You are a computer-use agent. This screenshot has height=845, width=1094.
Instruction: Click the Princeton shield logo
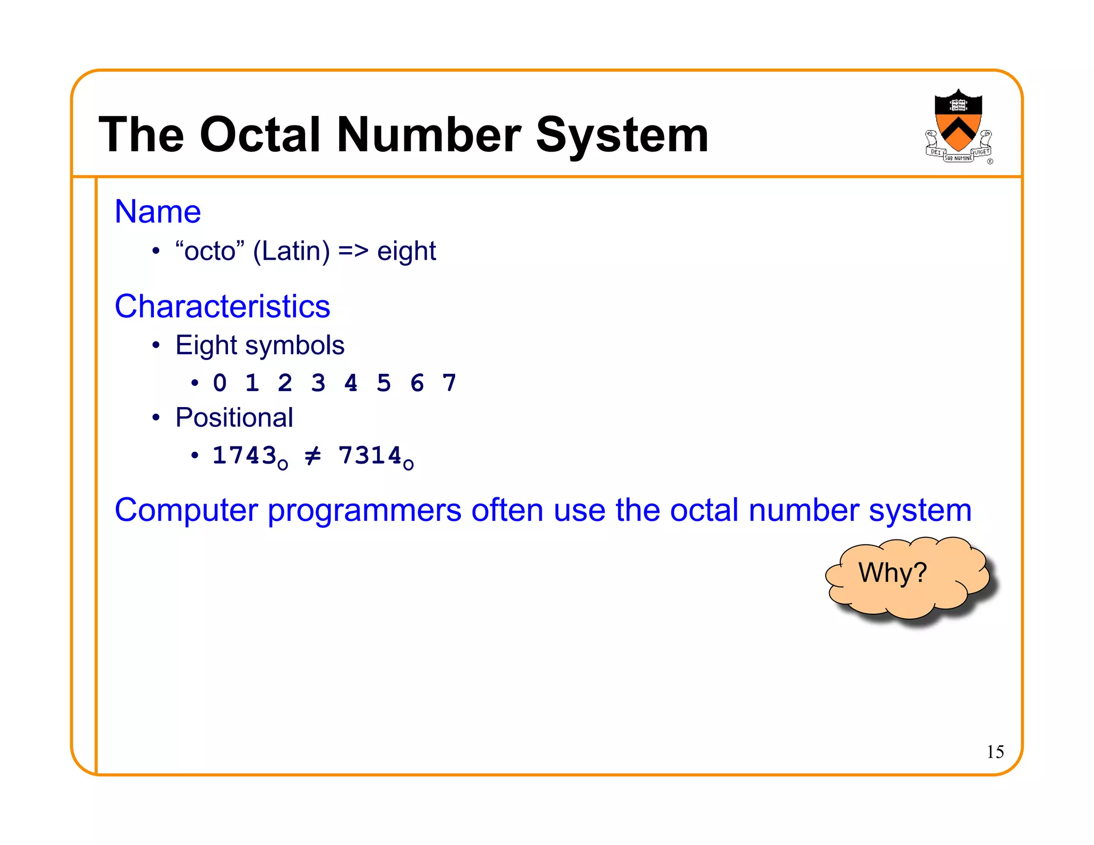point(958,126)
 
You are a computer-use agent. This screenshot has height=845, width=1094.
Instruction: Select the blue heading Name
point(158,212)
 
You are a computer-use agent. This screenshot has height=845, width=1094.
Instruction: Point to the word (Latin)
point(291,251)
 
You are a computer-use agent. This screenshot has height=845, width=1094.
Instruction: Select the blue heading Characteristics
point(222,307)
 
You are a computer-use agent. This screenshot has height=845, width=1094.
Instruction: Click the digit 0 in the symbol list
point(220,383)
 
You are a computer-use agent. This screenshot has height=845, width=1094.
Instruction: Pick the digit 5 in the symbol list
point(384,383)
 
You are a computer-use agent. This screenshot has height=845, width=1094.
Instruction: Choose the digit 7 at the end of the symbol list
point(449,383)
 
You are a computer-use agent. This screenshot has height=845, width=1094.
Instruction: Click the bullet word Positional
point(234,418)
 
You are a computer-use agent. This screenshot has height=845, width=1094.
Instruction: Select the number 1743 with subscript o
point(249,457)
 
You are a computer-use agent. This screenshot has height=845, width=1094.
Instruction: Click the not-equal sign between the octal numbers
point(313,456)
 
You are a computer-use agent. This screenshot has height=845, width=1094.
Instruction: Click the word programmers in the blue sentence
point(364,511)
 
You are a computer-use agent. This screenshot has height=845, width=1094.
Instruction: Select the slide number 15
point(995,752)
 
